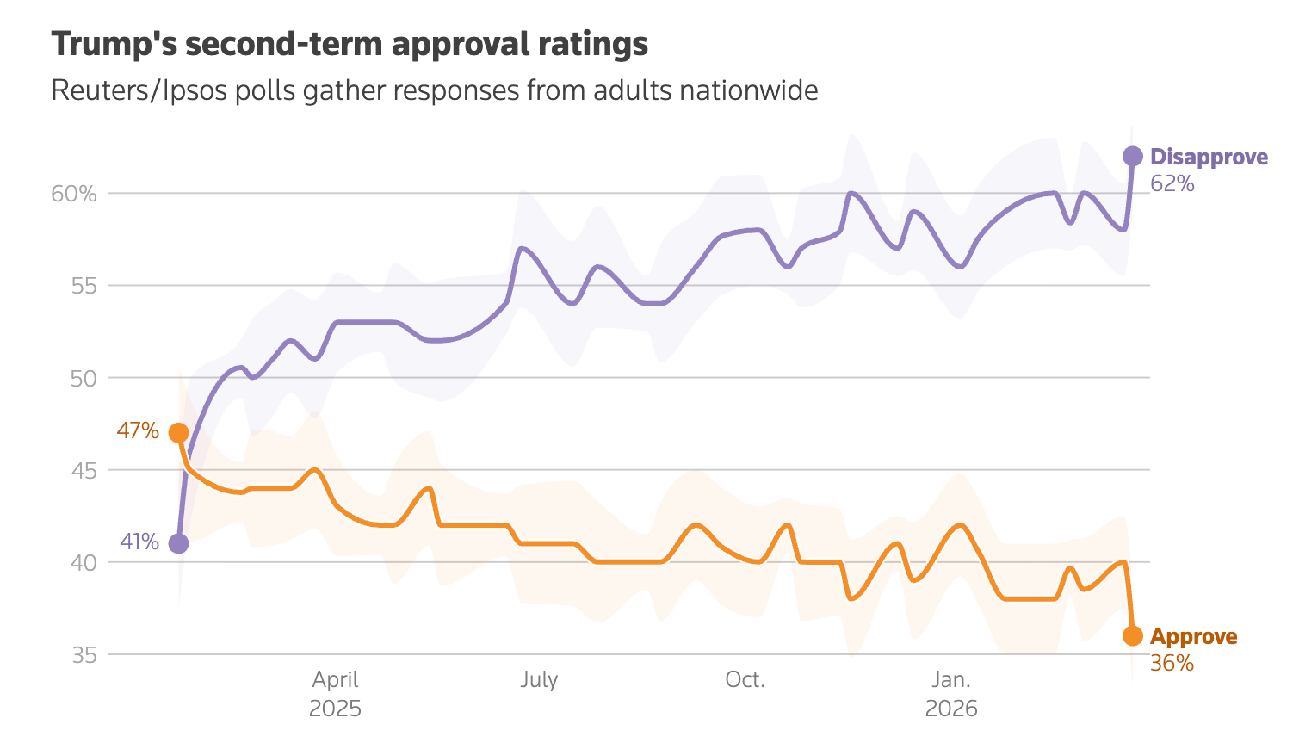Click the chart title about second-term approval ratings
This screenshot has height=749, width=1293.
(350, 45)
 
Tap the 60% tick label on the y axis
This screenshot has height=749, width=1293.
(74, 194)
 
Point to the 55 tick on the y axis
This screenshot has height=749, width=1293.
(84, 286)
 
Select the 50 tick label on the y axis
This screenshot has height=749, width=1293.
(84, 378)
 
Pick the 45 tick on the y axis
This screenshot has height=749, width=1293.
(84, 470)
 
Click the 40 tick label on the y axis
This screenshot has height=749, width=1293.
(84, 562)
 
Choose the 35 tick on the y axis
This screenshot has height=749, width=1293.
(84, 655)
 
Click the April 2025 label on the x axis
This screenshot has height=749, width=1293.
(335, 694)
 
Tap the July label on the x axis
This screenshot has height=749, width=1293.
(539, 680)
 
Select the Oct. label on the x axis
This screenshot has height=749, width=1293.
(745, 680)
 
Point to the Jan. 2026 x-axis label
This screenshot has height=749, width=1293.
(951, 694)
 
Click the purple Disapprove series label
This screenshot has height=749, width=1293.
(1209, 157)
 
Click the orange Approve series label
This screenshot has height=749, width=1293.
(1193, 636)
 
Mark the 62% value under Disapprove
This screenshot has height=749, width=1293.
(1172, 183)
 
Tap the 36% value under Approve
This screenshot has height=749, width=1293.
(1172, 663)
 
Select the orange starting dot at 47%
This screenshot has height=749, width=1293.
(178, 432)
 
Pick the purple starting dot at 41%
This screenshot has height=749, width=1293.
(178, 543)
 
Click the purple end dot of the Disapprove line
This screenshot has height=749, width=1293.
(1133, 156)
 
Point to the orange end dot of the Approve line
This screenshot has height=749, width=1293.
(1133, 635)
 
